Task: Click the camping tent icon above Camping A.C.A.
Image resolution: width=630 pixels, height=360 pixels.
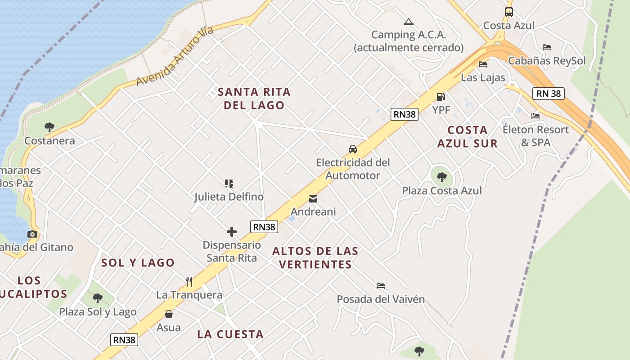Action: click(408, 22)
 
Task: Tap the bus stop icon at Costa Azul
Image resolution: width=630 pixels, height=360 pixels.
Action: click(508, 12)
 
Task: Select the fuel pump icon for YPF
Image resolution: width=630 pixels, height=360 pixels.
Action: click(441, 97)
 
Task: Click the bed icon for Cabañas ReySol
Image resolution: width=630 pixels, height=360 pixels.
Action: click(547, 47)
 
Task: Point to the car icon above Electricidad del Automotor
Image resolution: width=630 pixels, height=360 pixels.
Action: click(353, 149)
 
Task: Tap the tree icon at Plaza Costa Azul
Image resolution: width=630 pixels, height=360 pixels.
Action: click(442, 177)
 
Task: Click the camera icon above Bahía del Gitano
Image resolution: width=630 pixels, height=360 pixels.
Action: click(32, 234)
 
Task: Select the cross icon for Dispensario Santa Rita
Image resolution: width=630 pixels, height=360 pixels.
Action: click(232, 232)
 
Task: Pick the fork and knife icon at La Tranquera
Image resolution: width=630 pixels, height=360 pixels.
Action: click(189, 282)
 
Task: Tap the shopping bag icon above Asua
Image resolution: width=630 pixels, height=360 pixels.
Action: click(169, 314)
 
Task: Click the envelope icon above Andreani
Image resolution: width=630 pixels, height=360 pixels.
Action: click(313, 198)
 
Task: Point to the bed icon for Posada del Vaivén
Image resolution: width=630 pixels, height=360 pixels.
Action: click(381, 286)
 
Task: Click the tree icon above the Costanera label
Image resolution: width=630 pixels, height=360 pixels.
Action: click(49, 127)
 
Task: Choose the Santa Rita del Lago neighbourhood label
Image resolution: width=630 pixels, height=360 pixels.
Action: click(254, 99)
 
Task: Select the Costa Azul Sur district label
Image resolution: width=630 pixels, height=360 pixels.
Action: click(468, 137)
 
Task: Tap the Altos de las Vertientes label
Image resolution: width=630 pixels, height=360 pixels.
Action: click(315, 257)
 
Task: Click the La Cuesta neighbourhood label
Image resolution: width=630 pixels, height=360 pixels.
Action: click(230, 334)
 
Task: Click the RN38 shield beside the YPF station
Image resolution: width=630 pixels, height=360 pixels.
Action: click(405, 114)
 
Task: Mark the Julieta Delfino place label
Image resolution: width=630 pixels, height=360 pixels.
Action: click(229, 197)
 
